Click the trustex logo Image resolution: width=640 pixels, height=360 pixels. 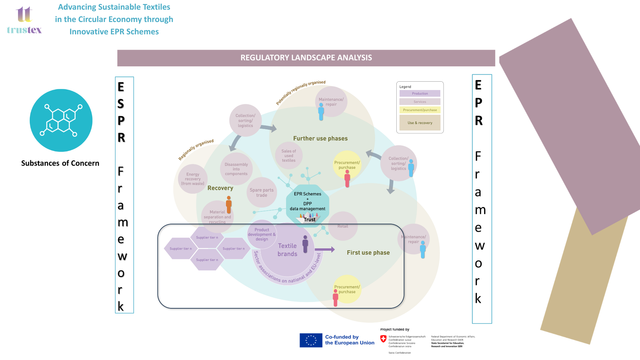coord(24,21)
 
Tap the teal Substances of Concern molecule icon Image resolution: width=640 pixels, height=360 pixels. coord(61,120)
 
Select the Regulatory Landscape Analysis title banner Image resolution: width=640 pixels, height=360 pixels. coord(306,58)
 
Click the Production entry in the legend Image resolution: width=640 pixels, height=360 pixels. coord(420,94)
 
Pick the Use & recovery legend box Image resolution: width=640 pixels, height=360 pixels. coord(420,123)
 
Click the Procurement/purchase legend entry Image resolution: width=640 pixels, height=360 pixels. coord(420,110)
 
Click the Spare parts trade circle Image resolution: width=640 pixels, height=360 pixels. coord(262,193)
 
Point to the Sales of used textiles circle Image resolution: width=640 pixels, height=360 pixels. coord(289,156)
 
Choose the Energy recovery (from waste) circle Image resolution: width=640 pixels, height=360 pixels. coord(193,179)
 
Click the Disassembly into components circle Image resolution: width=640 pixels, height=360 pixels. coord(236,169)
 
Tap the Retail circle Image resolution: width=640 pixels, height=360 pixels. coord(343,226)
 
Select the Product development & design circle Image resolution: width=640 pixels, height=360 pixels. coord(262,234)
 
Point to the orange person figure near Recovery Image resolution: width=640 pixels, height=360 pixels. coord(229,204)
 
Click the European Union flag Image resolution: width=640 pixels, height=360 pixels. coord(311,340)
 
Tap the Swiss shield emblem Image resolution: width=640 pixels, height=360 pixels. coord(383,339)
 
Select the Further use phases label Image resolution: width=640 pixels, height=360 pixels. coord(320,138)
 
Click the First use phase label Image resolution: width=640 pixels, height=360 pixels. coord(368,253)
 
